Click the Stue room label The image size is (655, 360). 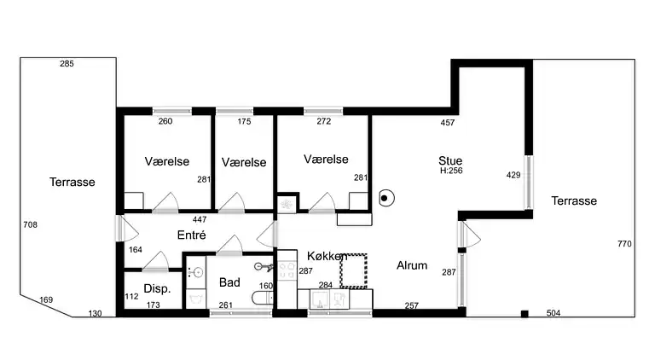coord(450,160)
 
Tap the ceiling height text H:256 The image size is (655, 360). coord(451,171)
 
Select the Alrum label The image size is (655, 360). coord(412,265)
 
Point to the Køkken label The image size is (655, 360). coord(327,256)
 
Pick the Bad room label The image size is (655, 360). coord(229,282)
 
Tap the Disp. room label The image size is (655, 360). coord(157,288)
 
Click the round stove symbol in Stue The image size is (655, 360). coord(385,199)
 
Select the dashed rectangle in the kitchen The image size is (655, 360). coord(354,270)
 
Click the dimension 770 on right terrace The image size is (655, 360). coord(624,244)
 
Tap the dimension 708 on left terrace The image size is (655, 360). coord(30,224)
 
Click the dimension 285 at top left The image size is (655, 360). coord(67,64)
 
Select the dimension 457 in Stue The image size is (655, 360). coord(448,123)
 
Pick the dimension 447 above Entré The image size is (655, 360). coord(200,219)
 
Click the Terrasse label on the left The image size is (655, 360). coord(72,182)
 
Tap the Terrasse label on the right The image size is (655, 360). coord(573,200)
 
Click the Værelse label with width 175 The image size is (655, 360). coord(244,161)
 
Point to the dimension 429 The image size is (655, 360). coord(513,175)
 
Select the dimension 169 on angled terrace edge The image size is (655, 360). coord(45,299)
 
